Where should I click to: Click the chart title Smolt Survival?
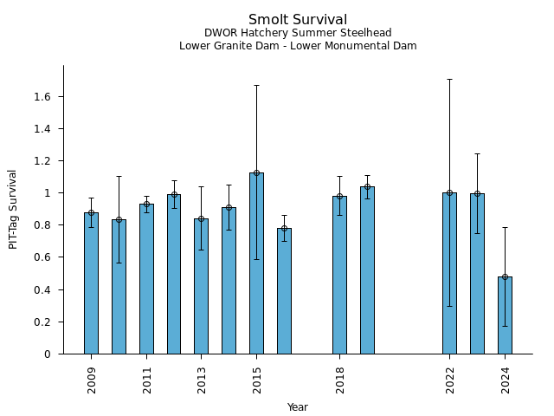tap(298, 20)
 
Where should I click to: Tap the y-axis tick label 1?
tap(50, 193)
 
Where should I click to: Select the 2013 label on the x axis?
tap(202, 380)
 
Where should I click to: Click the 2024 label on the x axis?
tap(506, 380)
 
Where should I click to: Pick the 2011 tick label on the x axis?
tap(147, 380)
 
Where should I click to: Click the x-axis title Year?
tap(298, 407)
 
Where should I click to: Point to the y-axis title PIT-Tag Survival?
tap(13, 209)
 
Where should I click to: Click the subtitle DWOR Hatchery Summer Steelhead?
tap(298, 33)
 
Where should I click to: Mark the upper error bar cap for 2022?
tap(449, 79)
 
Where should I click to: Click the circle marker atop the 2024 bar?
tap(505, 276)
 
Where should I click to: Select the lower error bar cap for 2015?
tap(256, 259)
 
